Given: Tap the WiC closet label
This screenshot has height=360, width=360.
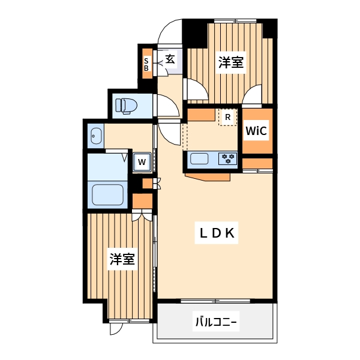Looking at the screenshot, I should tap(256, 130).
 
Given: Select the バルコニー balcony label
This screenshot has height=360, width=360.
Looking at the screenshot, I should tap(216, 323).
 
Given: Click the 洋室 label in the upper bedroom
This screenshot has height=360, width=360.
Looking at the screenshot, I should tap(231, 62).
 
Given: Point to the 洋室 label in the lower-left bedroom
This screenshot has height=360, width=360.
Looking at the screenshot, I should tap(121, 260).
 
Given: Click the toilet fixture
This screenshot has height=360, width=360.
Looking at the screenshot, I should tap(127, 106).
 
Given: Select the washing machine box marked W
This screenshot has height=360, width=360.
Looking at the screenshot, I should tap(142, 161).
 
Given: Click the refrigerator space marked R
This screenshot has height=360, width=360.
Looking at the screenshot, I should tap(228, 117).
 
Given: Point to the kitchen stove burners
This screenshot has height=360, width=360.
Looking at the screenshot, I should tap(228, 159).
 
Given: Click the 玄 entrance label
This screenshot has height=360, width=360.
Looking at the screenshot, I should tap(170, 59).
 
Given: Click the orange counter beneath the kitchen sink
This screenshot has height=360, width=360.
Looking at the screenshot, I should tap(208, 175).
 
